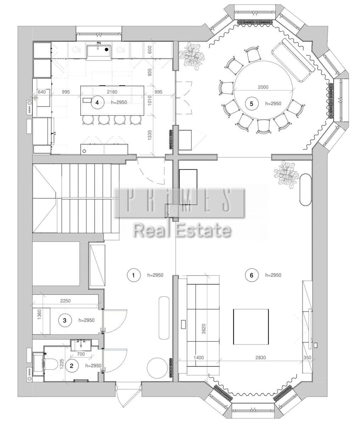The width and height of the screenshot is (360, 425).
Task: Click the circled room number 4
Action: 97,102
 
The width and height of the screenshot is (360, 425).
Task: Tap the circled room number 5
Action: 251,103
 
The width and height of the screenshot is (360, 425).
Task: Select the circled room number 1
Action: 134,275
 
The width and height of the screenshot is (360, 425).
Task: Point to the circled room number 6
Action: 251,275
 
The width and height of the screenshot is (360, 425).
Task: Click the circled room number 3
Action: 65,320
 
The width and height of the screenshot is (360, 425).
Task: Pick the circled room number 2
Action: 72,365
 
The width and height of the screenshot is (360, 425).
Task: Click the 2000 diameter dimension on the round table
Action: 263,87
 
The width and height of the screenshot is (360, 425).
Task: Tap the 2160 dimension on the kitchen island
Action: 112,92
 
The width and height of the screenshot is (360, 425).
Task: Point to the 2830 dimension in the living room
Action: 260,358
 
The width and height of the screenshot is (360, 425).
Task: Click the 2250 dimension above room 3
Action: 66,301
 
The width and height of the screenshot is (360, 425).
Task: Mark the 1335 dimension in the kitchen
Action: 150,135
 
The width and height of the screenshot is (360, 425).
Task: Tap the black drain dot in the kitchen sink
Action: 107,49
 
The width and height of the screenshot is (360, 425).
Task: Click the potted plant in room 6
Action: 286,174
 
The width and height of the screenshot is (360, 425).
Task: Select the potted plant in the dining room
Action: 192,56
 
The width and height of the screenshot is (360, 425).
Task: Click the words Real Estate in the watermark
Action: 182,231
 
